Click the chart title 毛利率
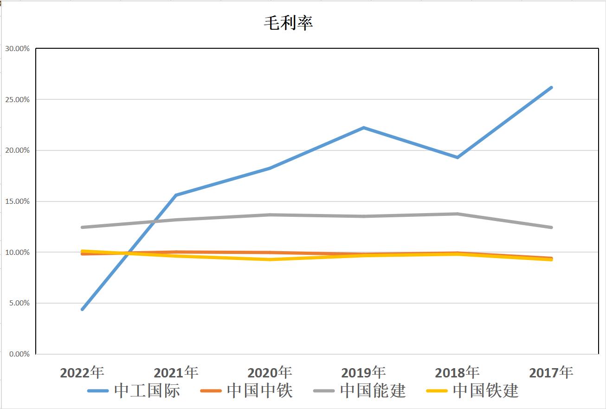coord(289,23)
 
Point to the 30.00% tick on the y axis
coord(17,48)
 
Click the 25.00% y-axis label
coord(17,99)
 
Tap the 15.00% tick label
coord(17,201)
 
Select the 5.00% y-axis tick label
coord(19,303)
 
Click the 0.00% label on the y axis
coord(19,354)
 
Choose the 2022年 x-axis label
coord(82,372)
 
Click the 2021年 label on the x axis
coord(176,372)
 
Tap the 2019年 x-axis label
coord(363,372)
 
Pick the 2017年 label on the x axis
coord(551,372)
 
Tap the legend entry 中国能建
coord(360,390)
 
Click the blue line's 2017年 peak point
coord(551,87)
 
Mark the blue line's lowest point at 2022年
coord(83,309)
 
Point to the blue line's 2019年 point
coord(364,128)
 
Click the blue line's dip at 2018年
coord(458,157)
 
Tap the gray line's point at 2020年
coord(270,214)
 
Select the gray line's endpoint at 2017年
coord(551,227)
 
